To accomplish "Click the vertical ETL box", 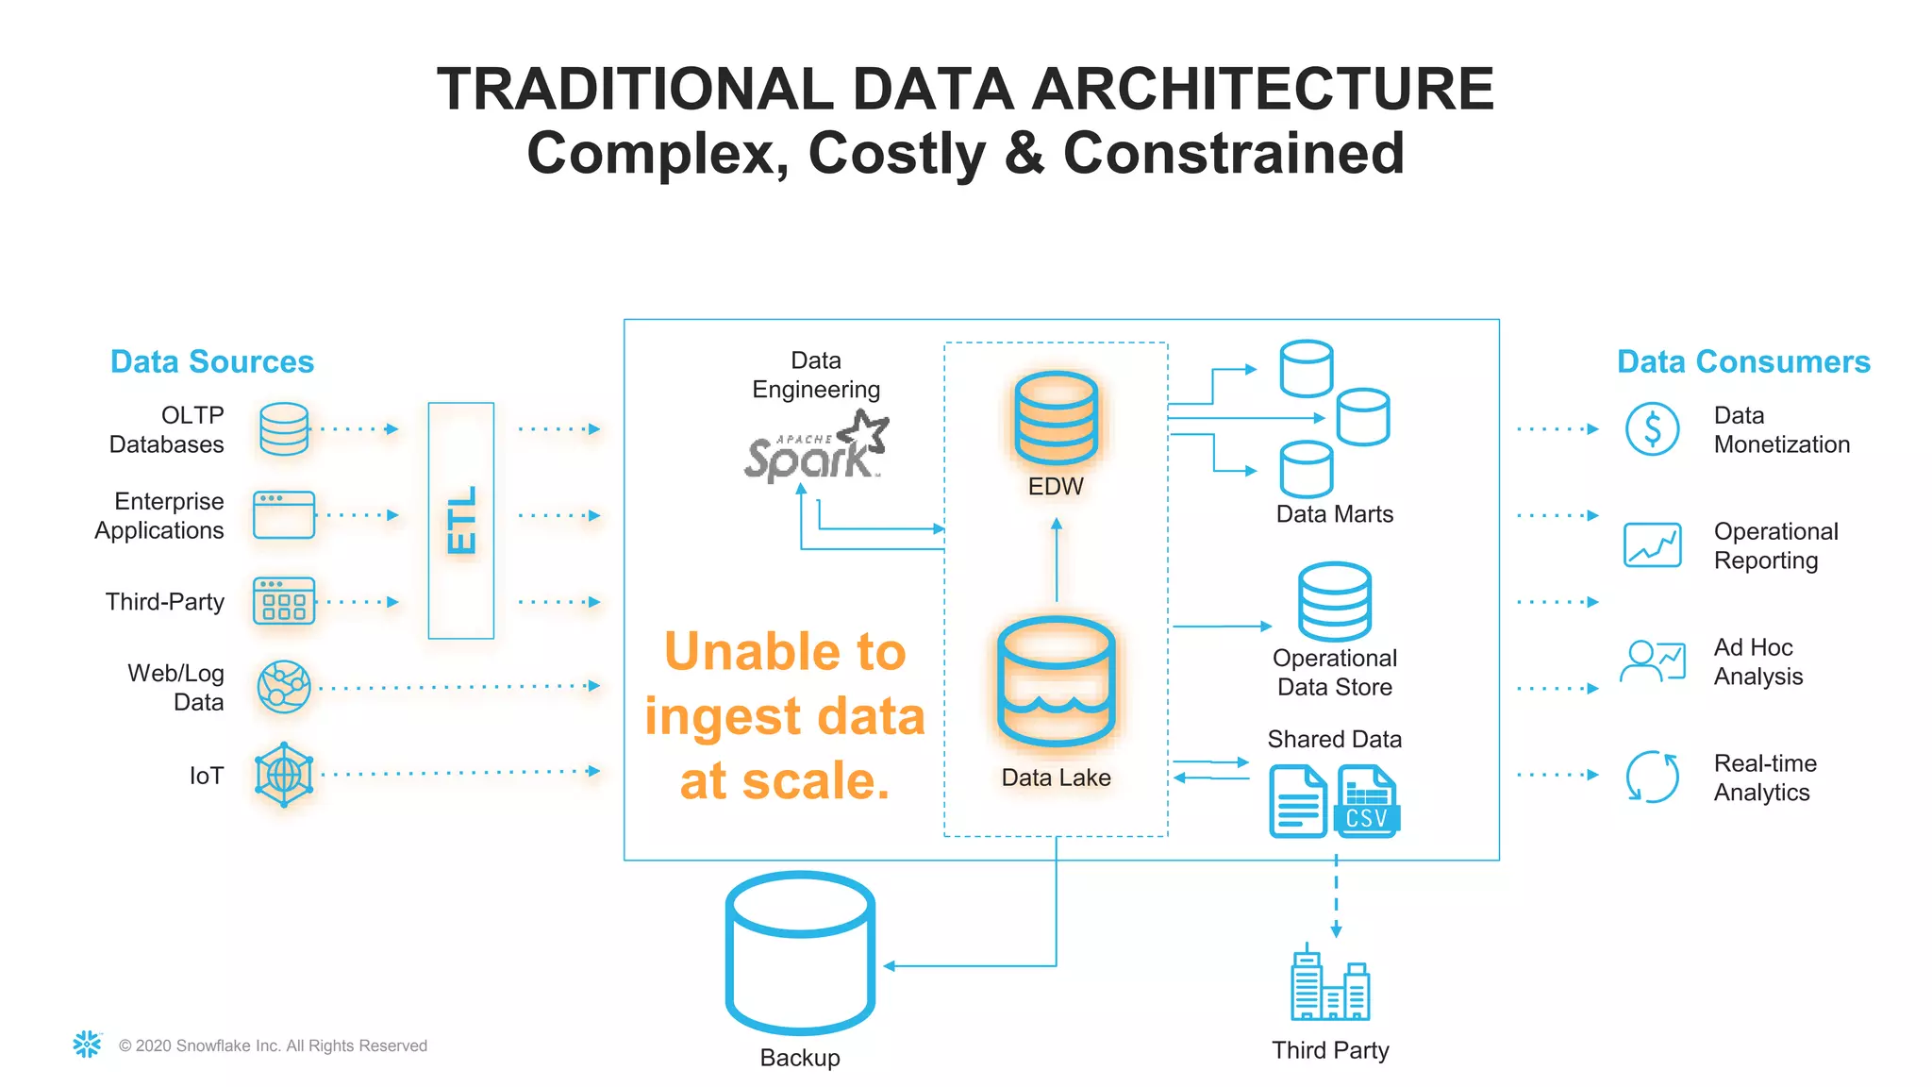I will [460, 520].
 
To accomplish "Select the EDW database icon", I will [1056, 418].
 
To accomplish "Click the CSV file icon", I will [1367, 801].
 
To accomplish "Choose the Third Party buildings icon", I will [1330, 986].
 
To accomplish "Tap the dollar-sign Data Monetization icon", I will [1652, 429].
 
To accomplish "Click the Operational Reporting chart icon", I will [1652, 545].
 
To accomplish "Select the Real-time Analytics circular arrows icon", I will [1652, 777].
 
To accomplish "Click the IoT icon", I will [284, 775].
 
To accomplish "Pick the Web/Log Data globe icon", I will [284, 687].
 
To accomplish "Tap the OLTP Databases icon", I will [284, 429].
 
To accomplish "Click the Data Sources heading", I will [212, 361].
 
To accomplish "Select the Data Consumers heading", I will [1743, 361].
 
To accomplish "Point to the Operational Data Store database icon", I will [1334, 602].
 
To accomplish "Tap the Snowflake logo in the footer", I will [87, 1045].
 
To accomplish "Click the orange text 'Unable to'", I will [785, 651].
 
